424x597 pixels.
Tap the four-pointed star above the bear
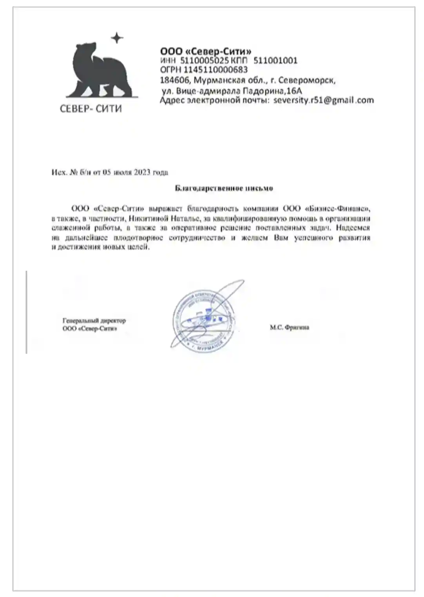tap(117, 38)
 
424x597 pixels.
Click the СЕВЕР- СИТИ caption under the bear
tap(91, 109)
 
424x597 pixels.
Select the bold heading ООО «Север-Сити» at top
tap(206, 51)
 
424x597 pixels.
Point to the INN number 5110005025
tap(204, 61)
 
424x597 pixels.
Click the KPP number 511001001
tap(275, 61)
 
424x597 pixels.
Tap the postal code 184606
tap(175, 81)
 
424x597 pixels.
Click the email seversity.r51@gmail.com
tap(324, 100)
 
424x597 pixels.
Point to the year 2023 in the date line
tap(142, 172)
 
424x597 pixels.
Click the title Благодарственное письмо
tap(224, 188)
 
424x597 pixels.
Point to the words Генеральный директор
tap(94, 321)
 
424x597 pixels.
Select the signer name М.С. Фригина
tap(289, 327)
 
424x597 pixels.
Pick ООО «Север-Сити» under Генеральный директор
tap(90, 329)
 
